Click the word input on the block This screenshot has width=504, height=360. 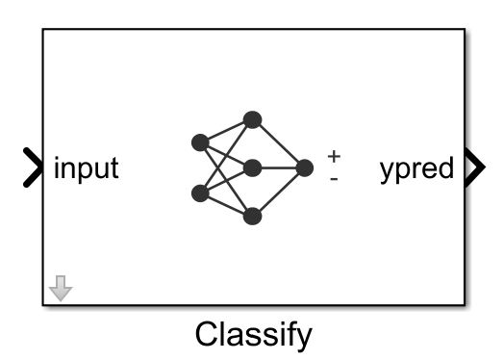87,168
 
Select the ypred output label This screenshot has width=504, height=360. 416,169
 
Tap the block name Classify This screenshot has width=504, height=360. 254,334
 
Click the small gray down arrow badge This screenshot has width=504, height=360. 61,288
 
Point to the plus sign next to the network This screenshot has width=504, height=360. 334,155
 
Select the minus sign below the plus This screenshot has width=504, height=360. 334,177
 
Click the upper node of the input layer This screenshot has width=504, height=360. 200,143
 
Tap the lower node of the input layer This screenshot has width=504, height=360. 200,193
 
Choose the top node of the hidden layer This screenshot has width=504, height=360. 252,120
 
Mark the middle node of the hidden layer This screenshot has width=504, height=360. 252,168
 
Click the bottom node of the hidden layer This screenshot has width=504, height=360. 252,217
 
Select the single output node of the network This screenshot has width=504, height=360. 305,168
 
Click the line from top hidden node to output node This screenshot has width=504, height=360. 279,144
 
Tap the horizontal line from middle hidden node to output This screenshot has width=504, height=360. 279,168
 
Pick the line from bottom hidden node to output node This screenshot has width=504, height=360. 279,193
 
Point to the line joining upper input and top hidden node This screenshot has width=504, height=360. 226,132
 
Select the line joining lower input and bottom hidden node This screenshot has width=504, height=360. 226,205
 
